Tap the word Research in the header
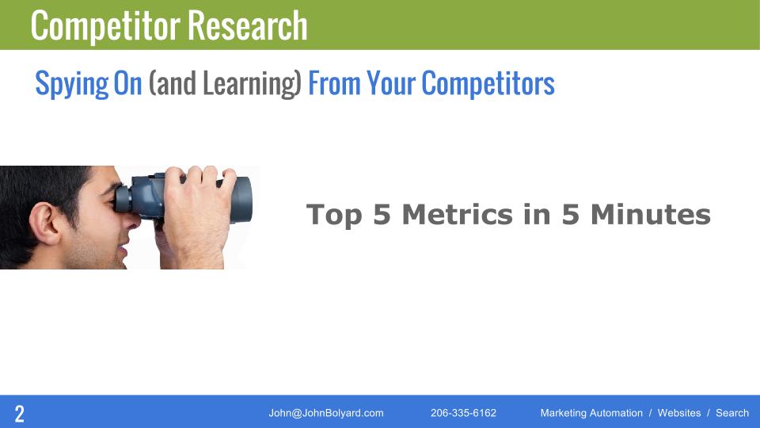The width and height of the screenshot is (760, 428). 248,25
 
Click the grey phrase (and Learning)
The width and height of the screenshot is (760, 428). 225,84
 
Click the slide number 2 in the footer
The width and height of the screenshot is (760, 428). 19,413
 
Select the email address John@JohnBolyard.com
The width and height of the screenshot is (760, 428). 326,413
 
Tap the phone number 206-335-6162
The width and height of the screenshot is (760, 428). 463,413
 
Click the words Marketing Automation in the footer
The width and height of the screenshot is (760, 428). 591,413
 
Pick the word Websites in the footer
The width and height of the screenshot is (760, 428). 679,413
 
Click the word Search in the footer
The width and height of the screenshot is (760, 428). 732,413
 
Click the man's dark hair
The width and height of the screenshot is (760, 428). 32,186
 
